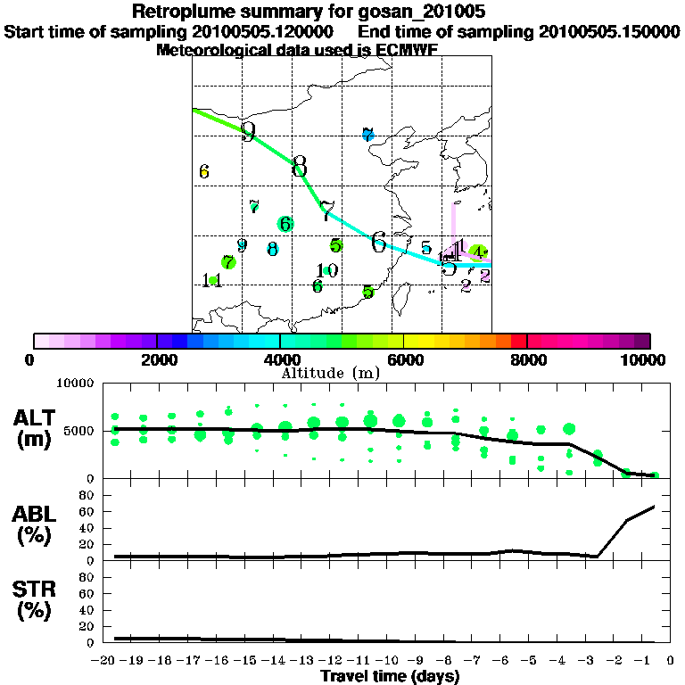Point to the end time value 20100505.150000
tap(609, 32)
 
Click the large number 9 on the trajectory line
tap(248, 132)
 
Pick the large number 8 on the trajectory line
tap(299, 166)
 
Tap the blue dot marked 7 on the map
tap(367, 135)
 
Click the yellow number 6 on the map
tap(204, 171)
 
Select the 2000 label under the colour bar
tap(156, 359)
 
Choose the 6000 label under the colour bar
tap(404, 359)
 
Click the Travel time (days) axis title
tap(390, 676)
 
